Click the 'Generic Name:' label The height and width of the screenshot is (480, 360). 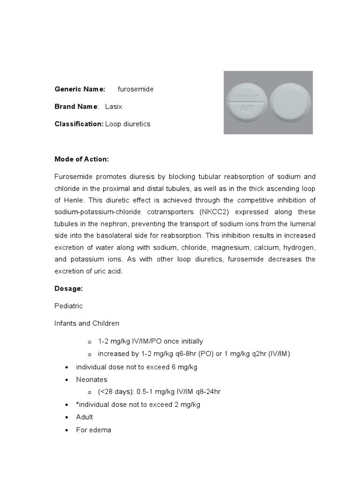80,89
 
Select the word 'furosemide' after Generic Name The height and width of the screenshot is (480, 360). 135,89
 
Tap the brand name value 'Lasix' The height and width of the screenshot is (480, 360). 113,106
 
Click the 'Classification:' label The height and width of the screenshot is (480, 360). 79,124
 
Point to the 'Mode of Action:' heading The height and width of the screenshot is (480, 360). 82,159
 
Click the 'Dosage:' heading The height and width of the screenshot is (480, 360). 68,289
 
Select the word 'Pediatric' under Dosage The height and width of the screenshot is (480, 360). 68,306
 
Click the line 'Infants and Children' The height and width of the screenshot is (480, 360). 87,323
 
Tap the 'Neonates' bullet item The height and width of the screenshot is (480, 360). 91,379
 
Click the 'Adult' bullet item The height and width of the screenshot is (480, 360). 84,417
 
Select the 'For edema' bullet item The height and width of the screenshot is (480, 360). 93,429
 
